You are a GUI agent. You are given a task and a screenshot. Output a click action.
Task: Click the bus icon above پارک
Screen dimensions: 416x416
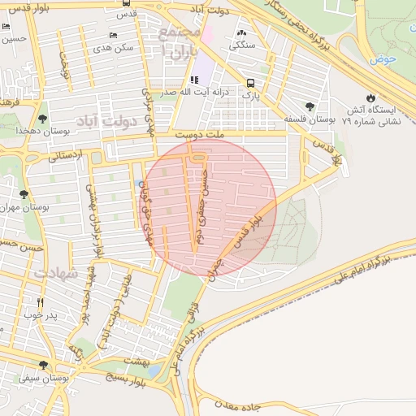[x=250, y=82]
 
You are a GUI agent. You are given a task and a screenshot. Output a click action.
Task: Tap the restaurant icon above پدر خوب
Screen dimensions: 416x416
[x=39, y=303]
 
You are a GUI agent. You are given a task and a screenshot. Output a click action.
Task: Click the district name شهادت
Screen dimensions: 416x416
[x=57, y=273]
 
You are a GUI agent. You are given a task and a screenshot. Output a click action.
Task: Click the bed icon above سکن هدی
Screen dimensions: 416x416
[x=113, y=35]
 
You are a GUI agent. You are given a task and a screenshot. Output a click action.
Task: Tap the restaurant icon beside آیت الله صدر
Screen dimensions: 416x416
[x=194, y=80]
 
